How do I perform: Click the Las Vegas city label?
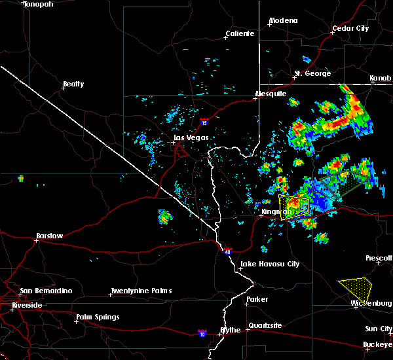[x=190, y=137]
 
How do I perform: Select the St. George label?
[x=312, y=73]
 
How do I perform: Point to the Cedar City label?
[x=350, y=29]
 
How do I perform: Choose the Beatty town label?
[x=73, y=84]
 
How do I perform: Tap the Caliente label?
[x=239, y=33]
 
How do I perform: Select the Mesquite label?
[x=271, y=94]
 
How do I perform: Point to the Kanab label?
[x=380, y=79]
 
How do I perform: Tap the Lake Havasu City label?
[x=270, y=264]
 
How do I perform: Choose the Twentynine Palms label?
[x=141, y=291]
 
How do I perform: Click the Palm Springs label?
[x=98, y=317]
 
